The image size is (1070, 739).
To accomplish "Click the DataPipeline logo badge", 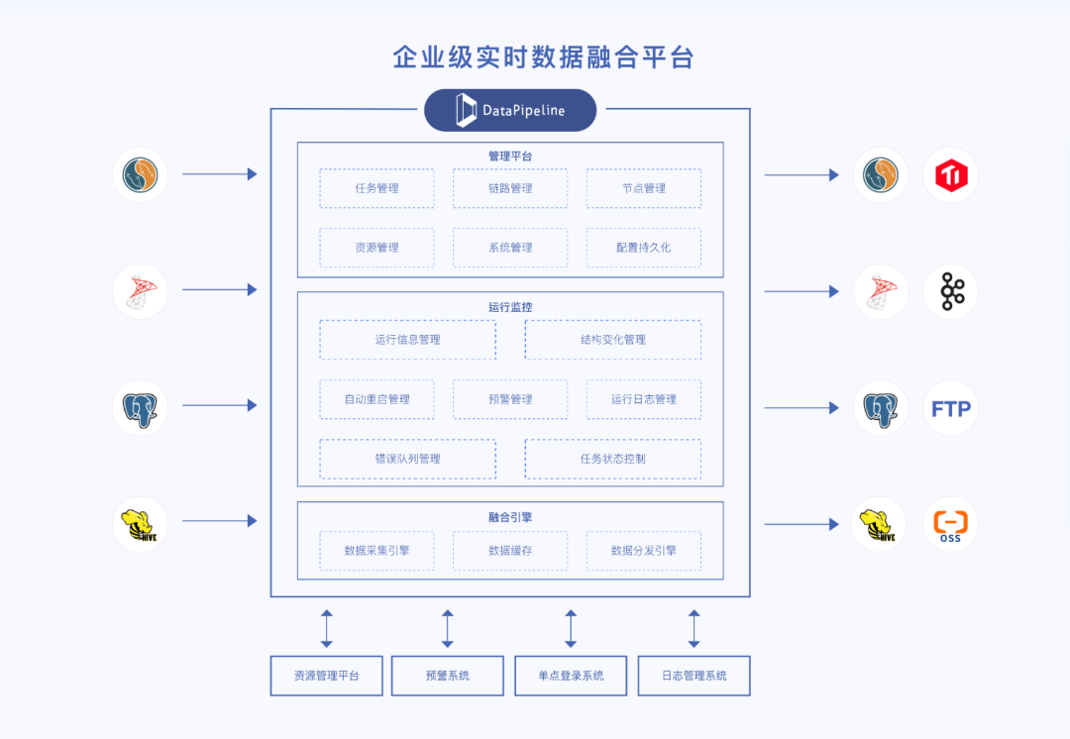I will pyautogui.click(x=510, y=110).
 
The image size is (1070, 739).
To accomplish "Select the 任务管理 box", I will pyautogui.click(x=376, y=188).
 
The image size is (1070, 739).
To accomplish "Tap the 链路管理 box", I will pyautogui.click(x=510, y=188).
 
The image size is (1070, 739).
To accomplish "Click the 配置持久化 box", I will pyautogui.click(x=643, y=248).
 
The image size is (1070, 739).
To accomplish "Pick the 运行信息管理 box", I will pyautogui.click(x=407, y=340).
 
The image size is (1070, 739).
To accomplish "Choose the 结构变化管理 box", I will pyautogui.click(x=612, y=340).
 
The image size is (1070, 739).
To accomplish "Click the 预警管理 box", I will pyautogui.click(x=510, y=399).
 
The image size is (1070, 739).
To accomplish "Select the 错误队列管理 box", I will pyautogui.click(x=407, y=459).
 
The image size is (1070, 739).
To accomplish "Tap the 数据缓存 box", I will pyautogui.click(x=510, y=551).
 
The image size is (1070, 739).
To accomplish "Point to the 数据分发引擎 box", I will pyautogui.click(x=643, y=551).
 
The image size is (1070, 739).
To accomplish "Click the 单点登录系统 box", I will pyautogui.click(x=571, y=676).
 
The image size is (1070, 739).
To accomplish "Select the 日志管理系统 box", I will pyautogui.click(x=694, y=676).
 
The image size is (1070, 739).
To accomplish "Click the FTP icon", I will pyautogui.click(x=951, y=408).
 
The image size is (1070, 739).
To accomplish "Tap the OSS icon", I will pyautogui.click(x=951, y=524).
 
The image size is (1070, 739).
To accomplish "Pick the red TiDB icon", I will pyautogui.click(x=951, y=175).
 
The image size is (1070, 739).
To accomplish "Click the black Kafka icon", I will pyautogui.click(x=951, y=291).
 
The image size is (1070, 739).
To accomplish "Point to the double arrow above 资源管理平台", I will pyautogui.click(x=327, y=628).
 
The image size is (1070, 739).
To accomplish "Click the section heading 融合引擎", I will pyautogui.click(x=510, y=517).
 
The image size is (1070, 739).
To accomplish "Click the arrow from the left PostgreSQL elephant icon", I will pyautogui.click(x=219, y=405).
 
